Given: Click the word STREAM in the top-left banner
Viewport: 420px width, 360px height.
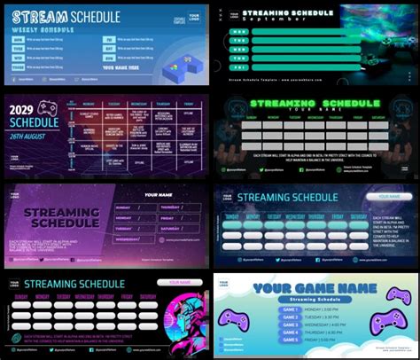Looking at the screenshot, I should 36,16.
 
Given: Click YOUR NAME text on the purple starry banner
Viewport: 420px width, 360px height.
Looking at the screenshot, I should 159,195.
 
